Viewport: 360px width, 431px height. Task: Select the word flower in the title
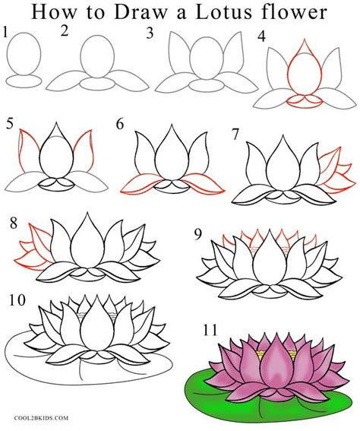pos(294,12)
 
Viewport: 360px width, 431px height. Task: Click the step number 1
pos(5,33)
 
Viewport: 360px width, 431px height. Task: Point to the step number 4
pos(262,36)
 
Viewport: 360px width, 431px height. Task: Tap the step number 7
pos(235,135)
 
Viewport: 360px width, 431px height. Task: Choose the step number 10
pos(17,300)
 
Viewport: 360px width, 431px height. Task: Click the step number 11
pos(210,330)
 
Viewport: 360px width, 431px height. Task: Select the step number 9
pos(197,234)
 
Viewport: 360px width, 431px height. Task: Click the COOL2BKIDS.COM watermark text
pos(41,418)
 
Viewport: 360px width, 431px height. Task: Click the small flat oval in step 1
pos(24,81)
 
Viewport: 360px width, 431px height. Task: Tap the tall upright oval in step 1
pos(24,54)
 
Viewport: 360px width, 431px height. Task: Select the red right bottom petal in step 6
pos(203,182)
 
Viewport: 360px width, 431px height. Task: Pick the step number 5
pos(10,124)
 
